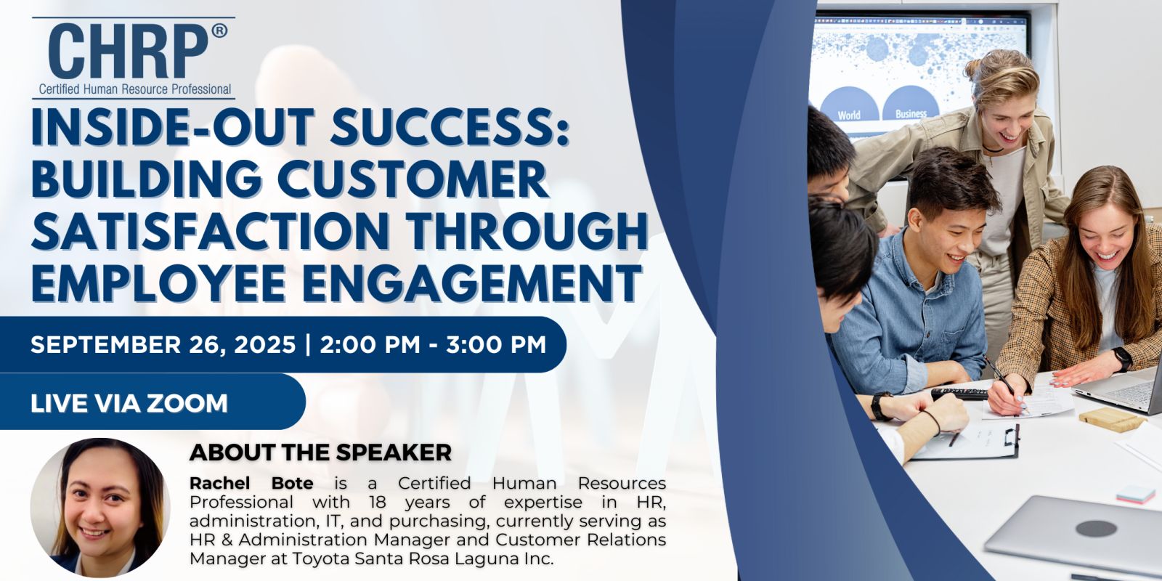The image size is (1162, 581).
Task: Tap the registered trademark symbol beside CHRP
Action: [219, 31]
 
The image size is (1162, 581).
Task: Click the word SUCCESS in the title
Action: [450, 126]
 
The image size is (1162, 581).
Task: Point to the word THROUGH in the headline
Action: [527, 231]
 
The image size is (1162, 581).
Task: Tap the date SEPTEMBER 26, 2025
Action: [163, 344]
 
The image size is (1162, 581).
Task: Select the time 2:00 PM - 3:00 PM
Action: [433, 344]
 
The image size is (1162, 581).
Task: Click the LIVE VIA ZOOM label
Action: [129, 403]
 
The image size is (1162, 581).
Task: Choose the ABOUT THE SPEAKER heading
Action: [320, 452]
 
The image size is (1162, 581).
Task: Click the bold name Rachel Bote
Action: [251, 483]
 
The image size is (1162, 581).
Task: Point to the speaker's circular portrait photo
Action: [99, 508]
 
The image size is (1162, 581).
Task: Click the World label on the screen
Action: [849, 115]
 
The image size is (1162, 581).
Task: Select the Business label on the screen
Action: [911, 113]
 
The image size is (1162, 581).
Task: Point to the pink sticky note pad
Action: [1136, 495]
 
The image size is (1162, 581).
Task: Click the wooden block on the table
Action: [1110, 419]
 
